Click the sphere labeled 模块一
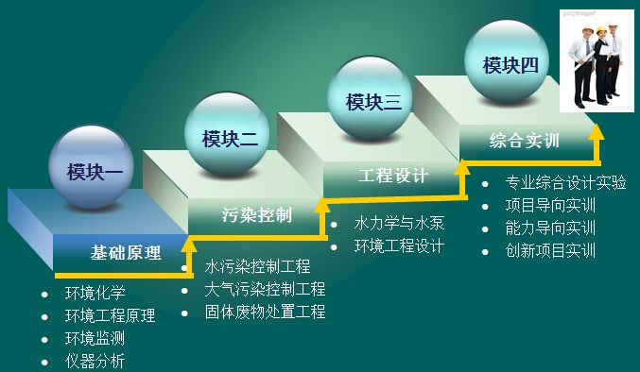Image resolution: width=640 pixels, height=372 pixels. [91, 171]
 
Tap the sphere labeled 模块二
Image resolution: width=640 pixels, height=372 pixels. [227, 139]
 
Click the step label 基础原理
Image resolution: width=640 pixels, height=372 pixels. [125, 253]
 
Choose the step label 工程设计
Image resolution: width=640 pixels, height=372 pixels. [393, 176]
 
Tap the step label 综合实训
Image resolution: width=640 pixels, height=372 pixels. [525, 141]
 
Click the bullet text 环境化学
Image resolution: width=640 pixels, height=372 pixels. [95, 293]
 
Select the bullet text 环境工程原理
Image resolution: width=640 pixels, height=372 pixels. [110, 315]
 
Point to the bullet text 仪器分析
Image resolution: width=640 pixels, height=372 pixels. [95, 361]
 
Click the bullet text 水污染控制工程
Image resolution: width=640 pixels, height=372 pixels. [257, 266]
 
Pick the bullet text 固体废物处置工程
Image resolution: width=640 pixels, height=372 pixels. [265, 312]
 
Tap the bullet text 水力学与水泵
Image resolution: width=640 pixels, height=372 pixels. [398, 224]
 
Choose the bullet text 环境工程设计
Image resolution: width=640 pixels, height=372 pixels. [398, 246]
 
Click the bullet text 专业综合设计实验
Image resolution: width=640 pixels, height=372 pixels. [565, 182]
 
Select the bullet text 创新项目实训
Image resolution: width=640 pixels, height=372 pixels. [550, 250]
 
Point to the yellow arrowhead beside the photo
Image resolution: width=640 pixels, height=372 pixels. [595, 130]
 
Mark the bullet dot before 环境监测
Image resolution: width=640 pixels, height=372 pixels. [45, 339]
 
